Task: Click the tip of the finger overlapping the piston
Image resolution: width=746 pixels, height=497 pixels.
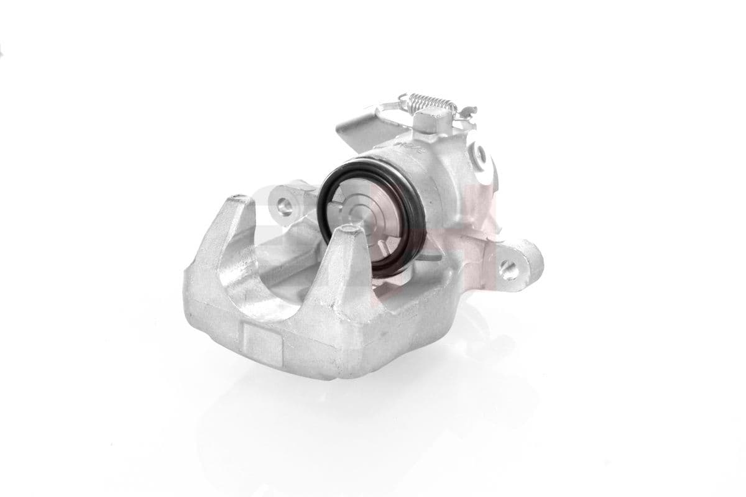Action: pos(348,233)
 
